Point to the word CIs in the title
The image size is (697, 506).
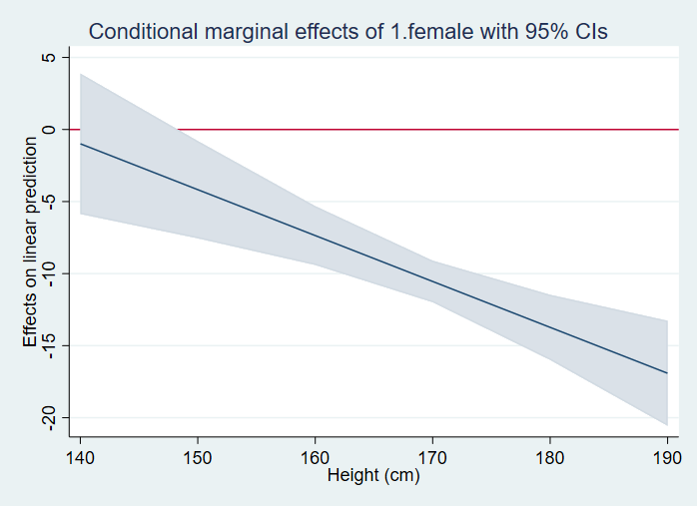[x=588, y=32]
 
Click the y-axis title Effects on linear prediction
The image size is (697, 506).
[x=31, y=243]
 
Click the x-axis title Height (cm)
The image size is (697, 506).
[x=373, y=476]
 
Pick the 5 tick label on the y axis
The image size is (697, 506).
[x=48, y=58]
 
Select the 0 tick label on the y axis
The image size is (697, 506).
[x=48, y=130]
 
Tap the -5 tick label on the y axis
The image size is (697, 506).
[x=48, y=202]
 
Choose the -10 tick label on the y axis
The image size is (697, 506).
[x=48, y=273]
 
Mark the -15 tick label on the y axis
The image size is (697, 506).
[x=48, y=345]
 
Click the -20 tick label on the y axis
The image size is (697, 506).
[x=48, y=417]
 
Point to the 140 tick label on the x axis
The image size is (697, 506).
[x=80, y=456]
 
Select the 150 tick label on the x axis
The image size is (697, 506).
[x=198, y=456]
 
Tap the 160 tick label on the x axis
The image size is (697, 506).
[x=315, y=456]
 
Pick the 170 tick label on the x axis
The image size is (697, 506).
[x=432, y=456]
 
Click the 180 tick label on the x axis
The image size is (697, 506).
[x=549, y=456]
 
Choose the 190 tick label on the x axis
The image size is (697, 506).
[x=666, y=456]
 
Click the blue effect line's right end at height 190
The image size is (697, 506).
[x=666, y=373]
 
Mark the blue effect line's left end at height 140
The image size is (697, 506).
[x=80, y=144]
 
